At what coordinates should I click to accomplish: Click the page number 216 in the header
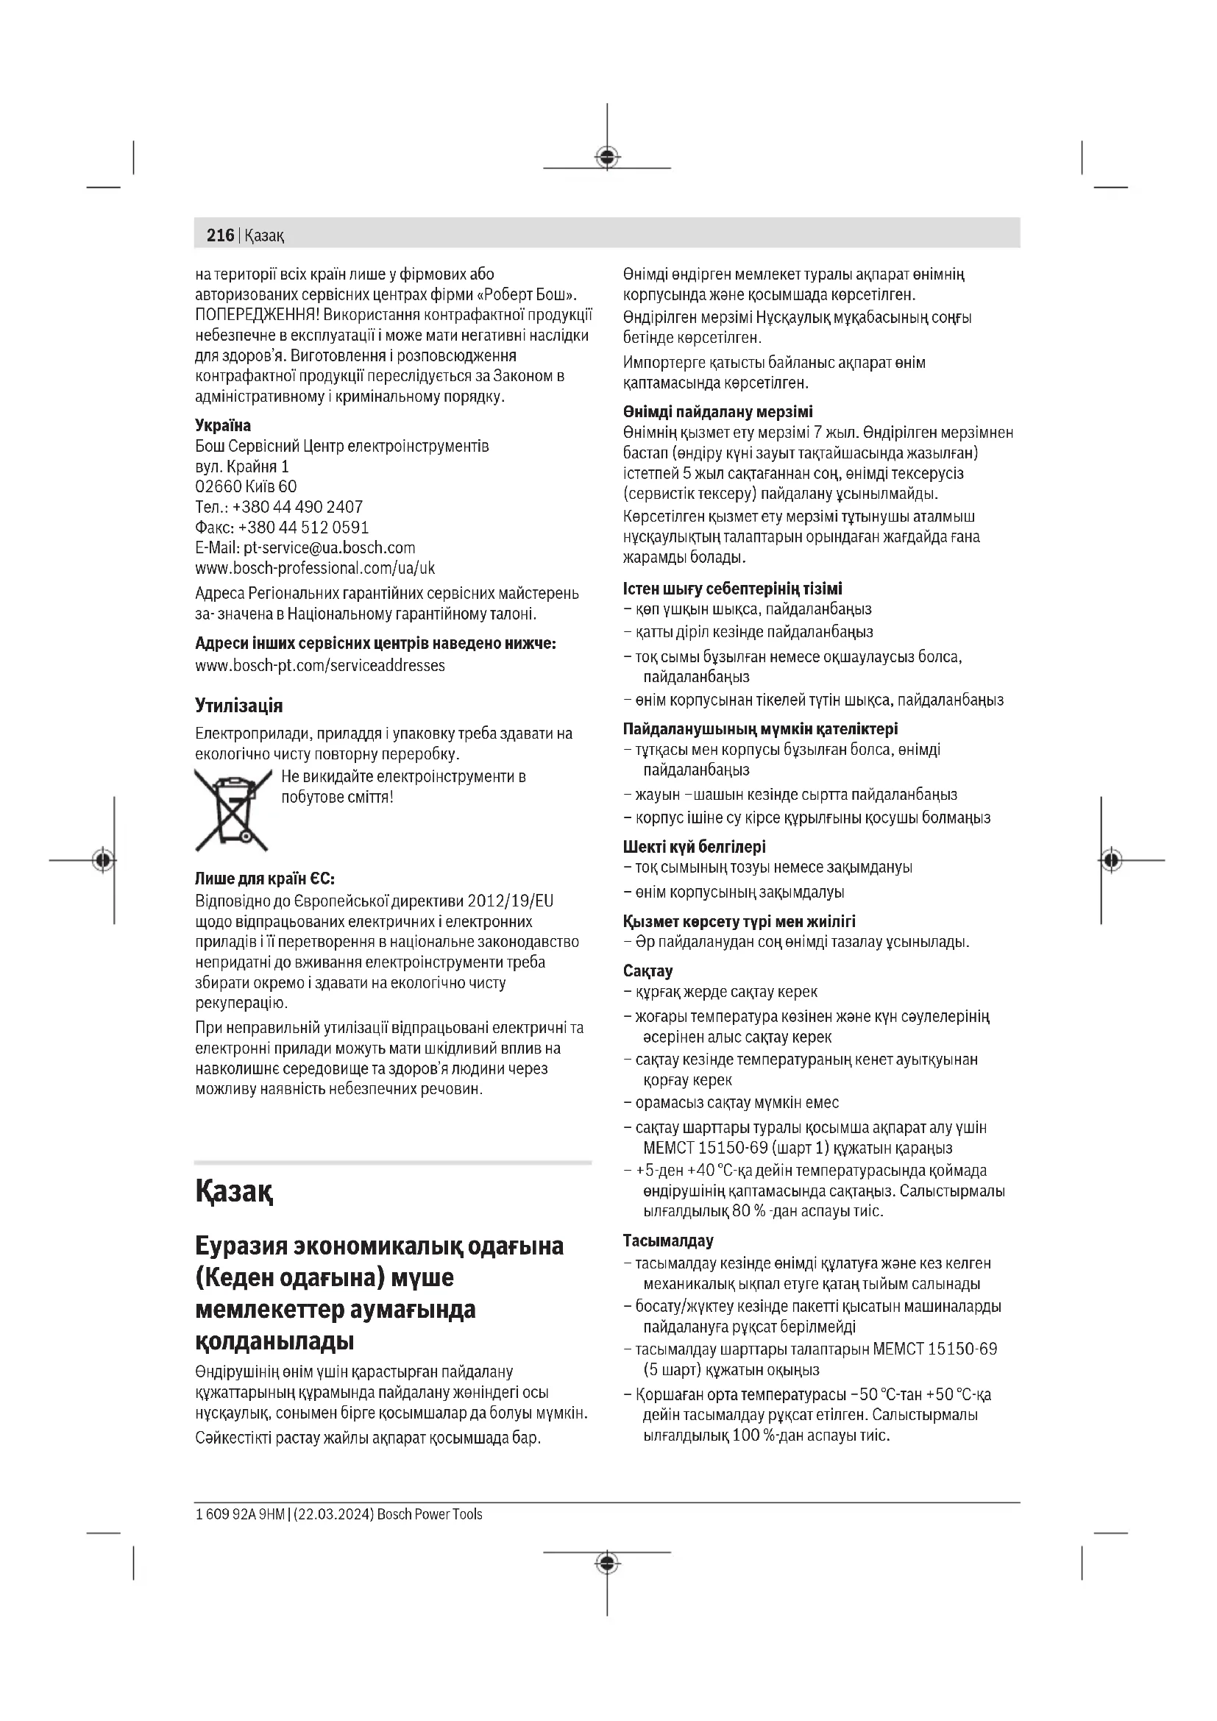[219, 235]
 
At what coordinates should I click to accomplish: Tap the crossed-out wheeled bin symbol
[233, 809]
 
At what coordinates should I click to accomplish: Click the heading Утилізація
[238, 706]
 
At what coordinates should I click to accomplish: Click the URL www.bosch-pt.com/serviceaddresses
[320, 666]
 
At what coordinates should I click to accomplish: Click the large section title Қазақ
[234, 1191]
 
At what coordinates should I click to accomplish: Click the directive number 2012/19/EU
[511, 900]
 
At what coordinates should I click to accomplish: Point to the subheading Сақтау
[647, 971]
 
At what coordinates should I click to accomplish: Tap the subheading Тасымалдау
[667, 1241]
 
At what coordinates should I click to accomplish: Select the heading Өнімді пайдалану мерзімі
[717, 412]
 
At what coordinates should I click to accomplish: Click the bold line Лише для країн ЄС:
[265, 879]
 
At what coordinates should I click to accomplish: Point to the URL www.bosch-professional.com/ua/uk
[315, 568]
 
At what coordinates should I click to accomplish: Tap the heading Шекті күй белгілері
[694, 847]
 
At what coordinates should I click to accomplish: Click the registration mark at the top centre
[607, 157]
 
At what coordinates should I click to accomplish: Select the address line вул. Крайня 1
[242, 467]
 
